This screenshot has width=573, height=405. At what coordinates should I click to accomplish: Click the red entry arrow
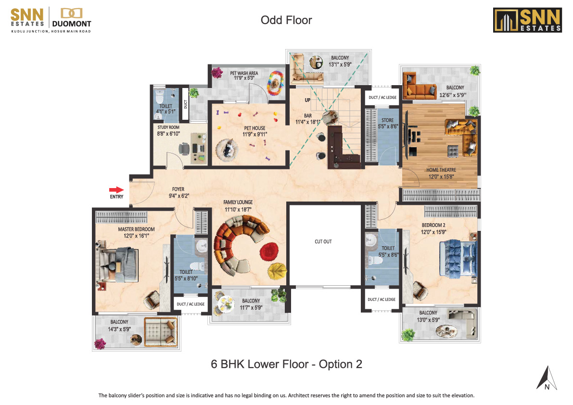tap(116, 190)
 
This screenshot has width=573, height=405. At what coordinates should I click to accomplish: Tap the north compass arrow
tap(547, 378)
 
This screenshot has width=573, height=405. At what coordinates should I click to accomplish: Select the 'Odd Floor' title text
tap(286, 20)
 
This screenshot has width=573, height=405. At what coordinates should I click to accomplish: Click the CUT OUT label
tap(323, 241)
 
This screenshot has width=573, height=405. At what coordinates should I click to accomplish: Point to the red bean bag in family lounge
tap(269, 251)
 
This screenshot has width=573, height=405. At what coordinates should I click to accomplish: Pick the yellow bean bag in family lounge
tap(277, 271)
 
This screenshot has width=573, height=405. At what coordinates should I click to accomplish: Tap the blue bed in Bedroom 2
tap(458, 257)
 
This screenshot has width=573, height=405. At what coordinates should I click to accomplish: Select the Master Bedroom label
tap(136, 229)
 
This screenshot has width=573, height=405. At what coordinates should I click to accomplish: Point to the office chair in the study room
tap(184, 149)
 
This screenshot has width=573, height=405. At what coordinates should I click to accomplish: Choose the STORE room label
tap(387, 120)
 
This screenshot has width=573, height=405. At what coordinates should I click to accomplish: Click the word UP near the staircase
tap(308, 100)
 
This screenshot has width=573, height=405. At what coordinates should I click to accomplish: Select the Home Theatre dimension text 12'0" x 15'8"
tap(441, 177)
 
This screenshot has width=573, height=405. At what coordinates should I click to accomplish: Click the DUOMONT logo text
tap(72, 24)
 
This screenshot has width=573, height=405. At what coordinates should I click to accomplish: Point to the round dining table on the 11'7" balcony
tap(225, 303)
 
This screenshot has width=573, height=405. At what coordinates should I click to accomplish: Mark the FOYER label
tap(178, 189)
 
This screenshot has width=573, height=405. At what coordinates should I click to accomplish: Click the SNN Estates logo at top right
tap(527, 20)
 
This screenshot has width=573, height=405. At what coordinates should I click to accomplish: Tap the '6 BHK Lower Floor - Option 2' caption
tap(287, 364)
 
